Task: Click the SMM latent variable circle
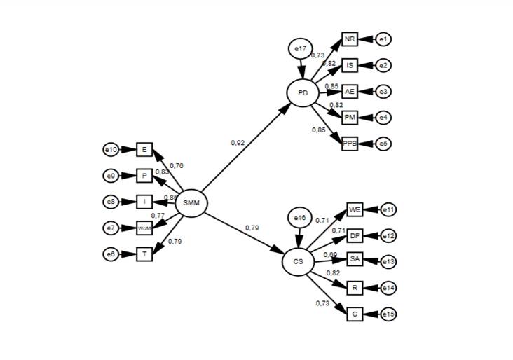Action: [x=191, y=204]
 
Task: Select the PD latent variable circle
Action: [x=303, y=92]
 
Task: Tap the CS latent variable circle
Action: [x=299, y=261]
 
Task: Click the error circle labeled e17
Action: [x=300, y=48]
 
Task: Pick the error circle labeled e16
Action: [x=299, y=218]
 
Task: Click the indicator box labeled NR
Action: [x=350, y=39]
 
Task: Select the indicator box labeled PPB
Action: [x=350, y=144]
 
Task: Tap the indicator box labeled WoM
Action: [x=144, y=228]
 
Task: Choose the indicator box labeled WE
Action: [x=355, y=209]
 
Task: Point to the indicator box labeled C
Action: [x=355, y=314]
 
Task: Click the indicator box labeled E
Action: [x=144, y=149]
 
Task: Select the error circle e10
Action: [x=110, y=149]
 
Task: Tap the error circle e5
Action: [x=383, y=144]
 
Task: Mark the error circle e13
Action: [x=388, y=262]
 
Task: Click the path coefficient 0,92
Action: [x=238, y=143]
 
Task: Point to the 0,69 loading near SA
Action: [x=330, y=254]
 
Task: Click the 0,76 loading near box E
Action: [x=176, y=166]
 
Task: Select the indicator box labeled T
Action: [x=144, y=254]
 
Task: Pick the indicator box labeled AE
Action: [x=350, y=92]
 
